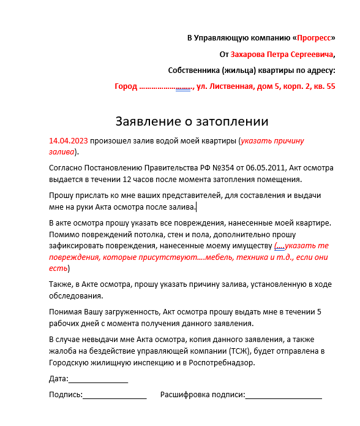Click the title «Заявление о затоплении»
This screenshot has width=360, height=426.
192,121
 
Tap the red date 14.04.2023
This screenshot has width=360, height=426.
68,140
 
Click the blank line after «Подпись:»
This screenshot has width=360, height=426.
114,395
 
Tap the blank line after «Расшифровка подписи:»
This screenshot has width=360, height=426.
283,395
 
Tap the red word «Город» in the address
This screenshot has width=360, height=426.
126,86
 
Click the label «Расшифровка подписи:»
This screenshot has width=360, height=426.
202,395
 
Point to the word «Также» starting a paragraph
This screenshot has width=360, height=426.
60,284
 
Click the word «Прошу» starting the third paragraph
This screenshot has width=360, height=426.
61,196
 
